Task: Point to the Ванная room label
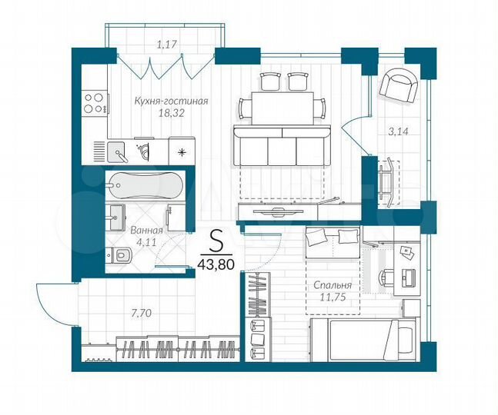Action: coord(145,229)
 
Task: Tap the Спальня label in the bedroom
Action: coord(333,284)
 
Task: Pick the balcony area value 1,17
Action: coord(167,45)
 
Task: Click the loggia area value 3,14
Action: coord(398,131)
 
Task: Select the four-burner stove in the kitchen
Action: coord(94,103)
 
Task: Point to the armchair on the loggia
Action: coord(398,85)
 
